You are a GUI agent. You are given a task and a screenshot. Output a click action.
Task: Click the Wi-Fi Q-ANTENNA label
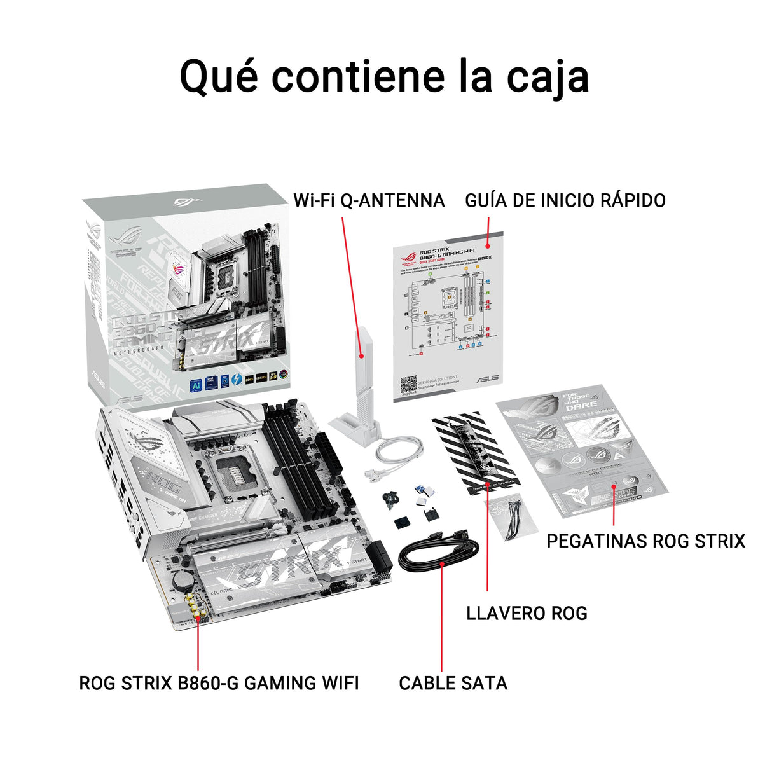tap(369, 200)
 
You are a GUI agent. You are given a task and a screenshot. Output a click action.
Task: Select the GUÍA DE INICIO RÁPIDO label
tap(565, 200)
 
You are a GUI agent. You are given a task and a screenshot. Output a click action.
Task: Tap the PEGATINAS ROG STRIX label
tap(645, 541)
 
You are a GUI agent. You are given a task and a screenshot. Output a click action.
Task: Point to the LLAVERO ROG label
tap(527, 613)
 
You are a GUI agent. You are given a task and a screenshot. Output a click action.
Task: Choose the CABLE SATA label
tap(453, 683)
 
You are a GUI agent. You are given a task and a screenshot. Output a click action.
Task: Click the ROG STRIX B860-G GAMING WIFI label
tap(219, 683)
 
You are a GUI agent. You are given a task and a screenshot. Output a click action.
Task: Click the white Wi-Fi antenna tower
tap(360, 382)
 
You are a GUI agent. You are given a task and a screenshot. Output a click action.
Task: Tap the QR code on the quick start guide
tap(408, 385)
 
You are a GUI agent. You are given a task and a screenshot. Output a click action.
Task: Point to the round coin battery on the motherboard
tap(184, 579)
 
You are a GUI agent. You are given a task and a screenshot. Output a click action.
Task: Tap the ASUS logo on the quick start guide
tap(488, 378)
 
